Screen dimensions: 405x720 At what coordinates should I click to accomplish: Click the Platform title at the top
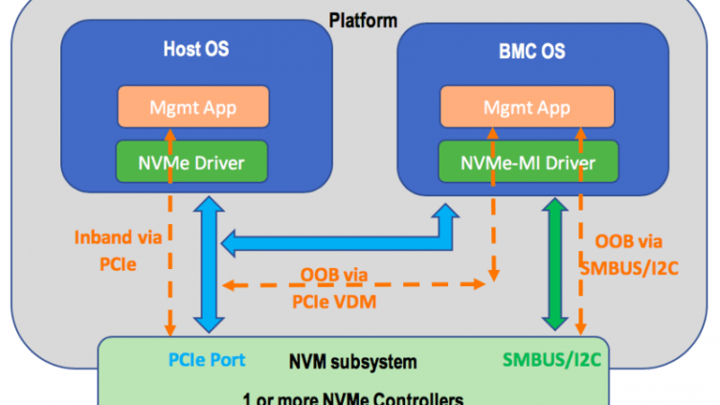pyautogui.click(x=362, y=20)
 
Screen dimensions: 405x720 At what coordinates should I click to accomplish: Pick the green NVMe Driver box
pyautogui.click(x=192, y=163)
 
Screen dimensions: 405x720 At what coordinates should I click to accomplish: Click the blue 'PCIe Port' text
pyautogui.click(x=206, y=360)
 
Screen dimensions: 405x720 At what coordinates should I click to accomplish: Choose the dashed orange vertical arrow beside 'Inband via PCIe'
pyautogui.click(x=169, y=259)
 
